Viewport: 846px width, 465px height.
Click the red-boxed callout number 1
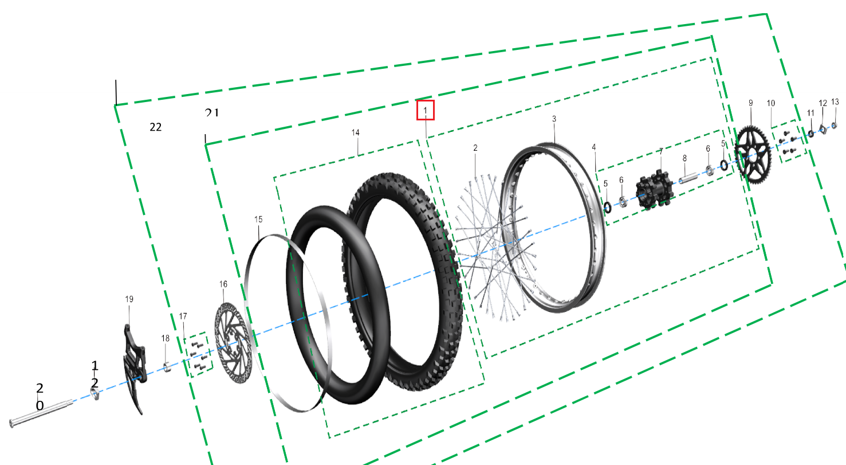426,110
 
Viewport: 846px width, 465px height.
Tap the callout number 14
356,132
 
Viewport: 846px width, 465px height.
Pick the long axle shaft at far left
40,412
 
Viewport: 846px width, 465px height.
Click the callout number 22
155,127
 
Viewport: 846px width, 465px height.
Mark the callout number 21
212,112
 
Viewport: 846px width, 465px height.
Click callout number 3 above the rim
554,119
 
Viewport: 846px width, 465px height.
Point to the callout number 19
129,299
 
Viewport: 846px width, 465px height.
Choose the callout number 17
183,316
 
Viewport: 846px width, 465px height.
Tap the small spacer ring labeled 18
166,366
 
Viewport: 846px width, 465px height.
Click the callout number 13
835,102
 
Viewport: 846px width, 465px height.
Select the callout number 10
771,103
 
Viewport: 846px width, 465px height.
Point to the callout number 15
258,220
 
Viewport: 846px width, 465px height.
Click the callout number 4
594,147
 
